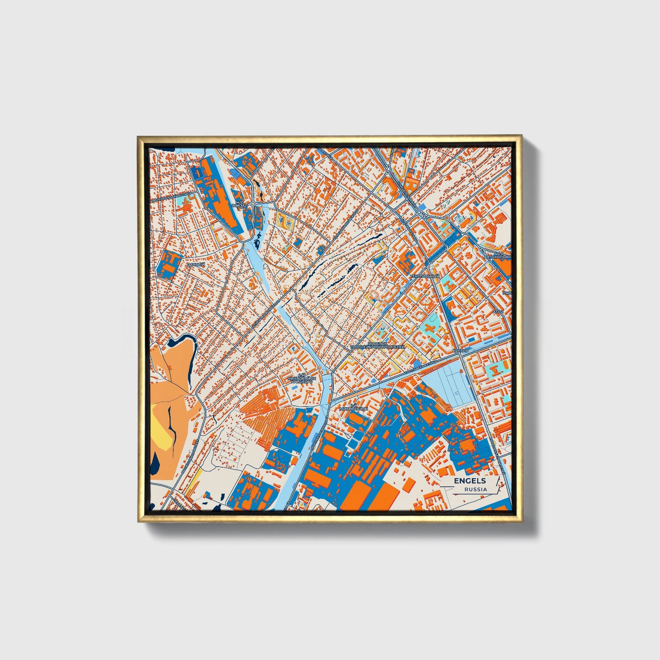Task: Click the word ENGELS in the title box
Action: [470, 480]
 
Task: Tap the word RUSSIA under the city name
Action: [475, 489]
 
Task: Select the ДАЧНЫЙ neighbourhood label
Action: [195, 264]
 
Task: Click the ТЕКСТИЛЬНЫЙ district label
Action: [424, 276]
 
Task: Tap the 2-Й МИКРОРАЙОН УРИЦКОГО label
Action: [301, 379]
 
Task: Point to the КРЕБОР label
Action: [460, 350]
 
